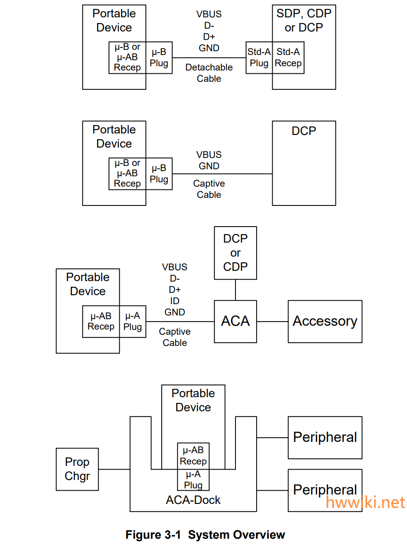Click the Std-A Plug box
pos(259,58)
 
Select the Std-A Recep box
pos(288,58)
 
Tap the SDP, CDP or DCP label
pos(304,21)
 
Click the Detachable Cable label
pos(209,73)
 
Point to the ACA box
pos(235,322)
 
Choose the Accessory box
pos(325,322)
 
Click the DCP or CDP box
pos(235,253)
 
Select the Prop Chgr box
pos(77,469)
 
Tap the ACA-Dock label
pos(193,500)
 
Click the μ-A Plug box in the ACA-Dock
pos(193,480)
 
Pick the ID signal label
pos(175,301)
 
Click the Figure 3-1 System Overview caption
pos(205,535)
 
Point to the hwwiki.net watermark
pos(365,502)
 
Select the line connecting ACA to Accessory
pos(273,322)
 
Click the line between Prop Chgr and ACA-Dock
pos(114,469)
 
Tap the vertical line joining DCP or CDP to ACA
pos(235,290)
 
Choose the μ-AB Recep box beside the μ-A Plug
pos(101,322)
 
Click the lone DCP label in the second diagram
pos(304,131)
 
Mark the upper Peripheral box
pos(325,438)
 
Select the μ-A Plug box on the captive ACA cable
pos(133,322)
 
